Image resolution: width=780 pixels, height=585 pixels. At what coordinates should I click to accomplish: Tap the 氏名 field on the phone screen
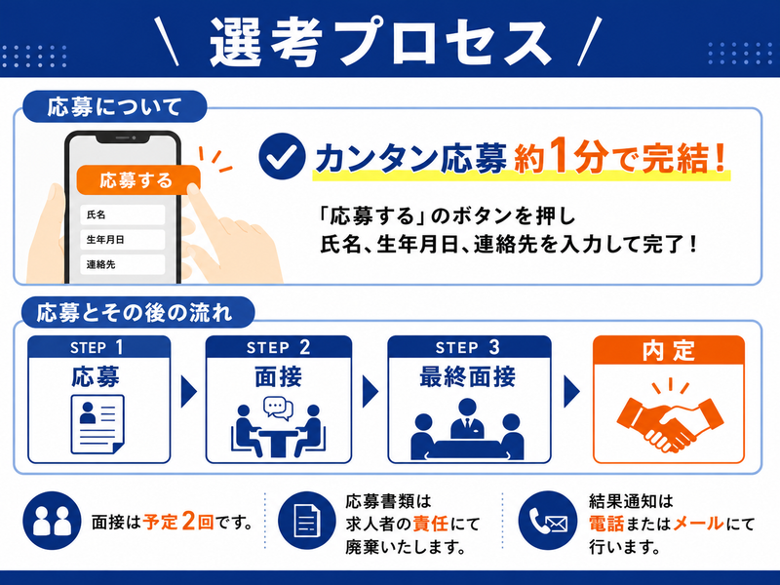123,214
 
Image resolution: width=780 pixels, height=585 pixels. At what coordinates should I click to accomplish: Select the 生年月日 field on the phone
123,240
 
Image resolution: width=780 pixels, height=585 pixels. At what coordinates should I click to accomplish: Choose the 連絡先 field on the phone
123,264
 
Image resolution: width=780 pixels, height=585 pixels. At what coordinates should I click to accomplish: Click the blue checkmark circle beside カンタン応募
282,156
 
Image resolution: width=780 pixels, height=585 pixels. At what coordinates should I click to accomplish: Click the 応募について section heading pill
114,106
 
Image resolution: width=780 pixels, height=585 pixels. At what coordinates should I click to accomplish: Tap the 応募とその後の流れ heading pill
137,312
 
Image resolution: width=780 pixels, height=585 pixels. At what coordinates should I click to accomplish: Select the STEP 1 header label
97,347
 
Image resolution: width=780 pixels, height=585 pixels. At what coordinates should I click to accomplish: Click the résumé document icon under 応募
97,424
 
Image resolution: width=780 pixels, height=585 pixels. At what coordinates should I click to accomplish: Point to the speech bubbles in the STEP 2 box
278,408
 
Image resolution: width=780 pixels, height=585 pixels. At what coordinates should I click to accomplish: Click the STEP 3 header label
468,347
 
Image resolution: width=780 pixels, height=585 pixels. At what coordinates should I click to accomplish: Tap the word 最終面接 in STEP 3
468,376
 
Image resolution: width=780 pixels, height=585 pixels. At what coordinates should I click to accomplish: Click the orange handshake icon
670,417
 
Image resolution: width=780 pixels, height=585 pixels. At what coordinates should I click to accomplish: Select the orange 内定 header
669,350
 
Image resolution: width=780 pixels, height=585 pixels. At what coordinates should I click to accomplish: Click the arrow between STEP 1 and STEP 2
188,392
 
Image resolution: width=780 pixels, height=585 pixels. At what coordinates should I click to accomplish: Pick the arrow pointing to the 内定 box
572,392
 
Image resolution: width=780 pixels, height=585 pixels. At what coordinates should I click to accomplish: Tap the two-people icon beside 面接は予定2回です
52,521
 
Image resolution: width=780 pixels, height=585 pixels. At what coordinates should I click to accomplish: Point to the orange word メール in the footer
698,524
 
